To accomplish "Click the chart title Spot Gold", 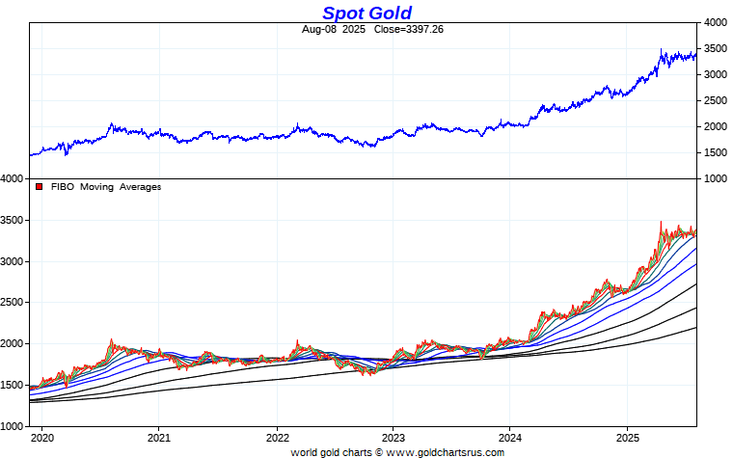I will tap(366, 13).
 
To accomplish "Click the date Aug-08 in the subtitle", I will tap(319, 29).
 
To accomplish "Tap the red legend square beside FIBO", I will tap(39, 187).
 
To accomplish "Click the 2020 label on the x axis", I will tap(42, 437).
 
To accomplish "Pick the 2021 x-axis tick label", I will tap(159, 437).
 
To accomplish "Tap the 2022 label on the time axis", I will tap(277, 437).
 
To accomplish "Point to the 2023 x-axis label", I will tap(394, 437).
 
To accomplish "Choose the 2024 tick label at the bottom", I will tap(511, 437).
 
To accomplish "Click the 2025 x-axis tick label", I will tap(628, 437).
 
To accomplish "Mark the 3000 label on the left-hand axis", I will tap(13, 261).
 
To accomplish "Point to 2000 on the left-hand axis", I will tap(13, 343).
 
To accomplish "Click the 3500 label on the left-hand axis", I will tap(13, 220).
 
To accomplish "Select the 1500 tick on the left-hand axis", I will tap(13, 385).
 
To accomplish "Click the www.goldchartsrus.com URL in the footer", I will tap(444, 451).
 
